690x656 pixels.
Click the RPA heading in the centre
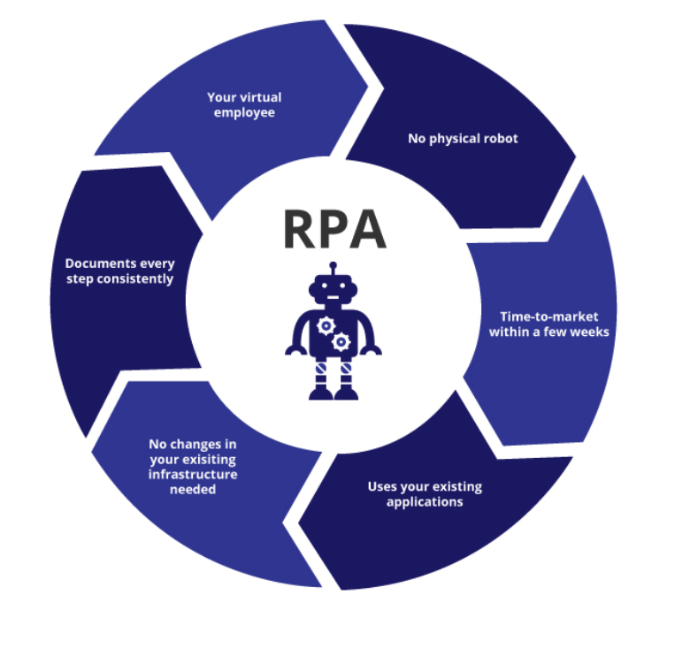pos(334,228)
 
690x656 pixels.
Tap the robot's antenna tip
pos(333,264)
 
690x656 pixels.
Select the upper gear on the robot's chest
pos(326,325)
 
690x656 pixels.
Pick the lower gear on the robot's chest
pos(341,341)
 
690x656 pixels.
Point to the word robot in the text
pos(499,139)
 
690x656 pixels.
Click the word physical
pos(452,139)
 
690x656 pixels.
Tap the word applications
pos(425,501)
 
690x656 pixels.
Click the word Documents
pos(100,263)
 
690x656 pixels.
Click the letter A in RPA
pos(369,228)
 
